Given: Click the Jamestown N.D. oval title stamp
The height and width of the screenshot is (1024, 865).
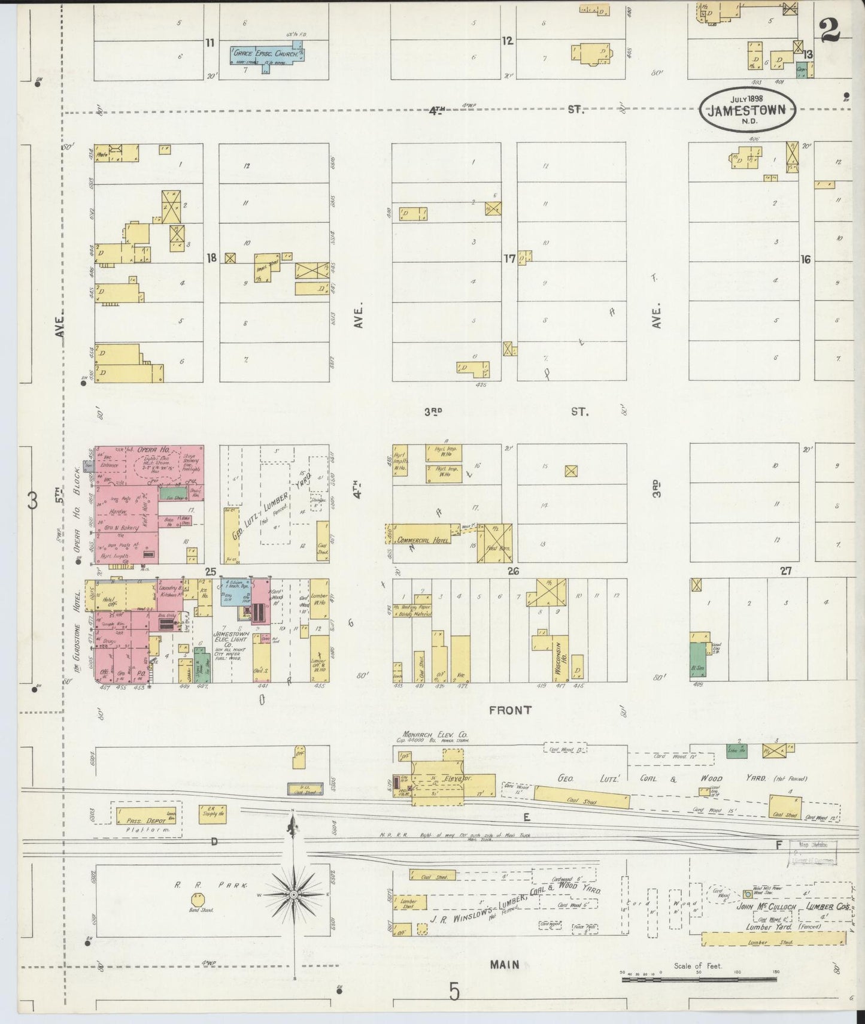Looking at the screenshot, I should (x=749, y=109).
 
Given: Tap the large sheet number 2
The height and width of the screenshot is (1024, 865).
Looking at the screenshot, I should (x=830, y=29).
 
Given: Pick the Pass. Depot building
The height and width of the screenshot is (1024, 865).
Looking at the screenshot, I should (x=146, y=814).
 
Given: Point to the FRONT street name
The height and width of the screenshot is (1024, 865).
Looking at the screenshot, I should (x=510, y=710).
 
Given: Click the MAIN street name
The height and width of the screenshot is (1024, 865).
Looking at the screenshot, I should (x=504, y=965).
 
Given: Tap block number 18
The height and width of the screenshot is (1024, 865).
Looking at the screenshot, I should (x=211, y=259).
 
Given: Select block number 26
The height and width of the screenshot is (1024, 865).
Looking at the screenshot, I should (x=513, y=571).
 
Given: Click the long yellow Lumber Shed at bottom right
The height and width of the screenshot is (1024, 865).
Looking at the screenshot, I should (x=772, y=942).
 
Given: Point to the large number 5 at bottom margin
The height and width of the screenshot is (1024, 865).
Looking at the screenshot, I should (x=454, y=993).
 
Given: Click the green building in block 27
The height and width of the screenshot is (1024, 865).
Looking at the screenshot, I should (x=697, y=660).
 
